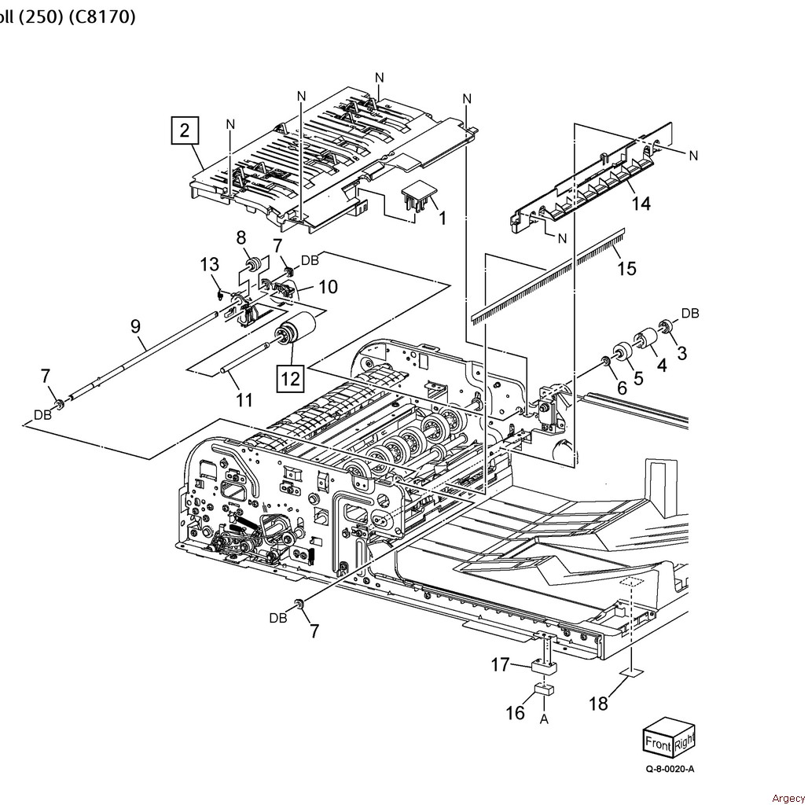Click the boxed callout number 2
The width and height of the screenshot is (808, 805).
(184, 130)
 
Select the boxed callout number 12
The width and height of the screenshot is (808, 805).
(290, 378)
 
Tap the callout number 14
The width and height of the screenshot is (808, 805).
(641, 204)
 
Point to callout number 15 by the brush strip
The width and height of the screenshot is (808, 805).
(626, 268)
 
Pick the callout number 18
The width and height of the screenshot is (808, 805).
(598, 704)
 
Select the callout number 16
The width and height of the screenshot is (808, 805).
(515, 712)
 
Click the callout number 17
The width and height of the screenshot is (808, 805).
(501, 665)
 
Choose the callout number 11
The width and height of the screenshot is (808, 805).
(244, 400)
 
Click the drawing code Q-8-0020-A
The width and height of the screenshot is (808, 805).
(670, 769)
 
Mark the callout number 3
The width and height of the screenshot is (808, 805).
(681, 353)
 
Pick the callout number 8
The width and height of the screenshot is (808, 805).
(241, 237)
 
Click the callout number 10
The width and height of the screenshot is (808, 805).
(328, 287)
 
